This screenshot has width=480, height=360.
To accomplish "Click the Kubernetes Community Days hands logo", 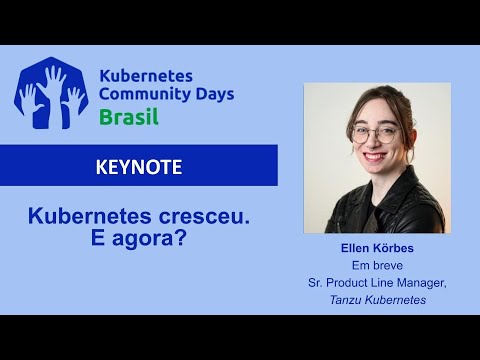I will point(52,94).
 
